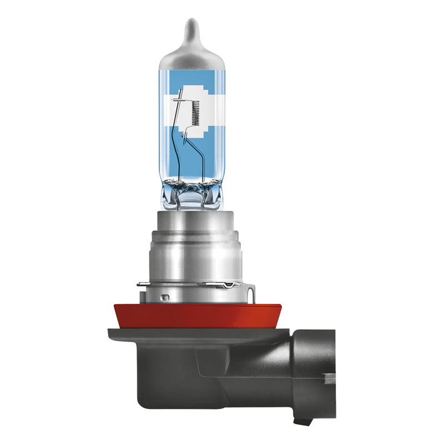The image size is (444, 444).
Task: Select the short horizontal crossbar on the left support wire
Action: (179, 100)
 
